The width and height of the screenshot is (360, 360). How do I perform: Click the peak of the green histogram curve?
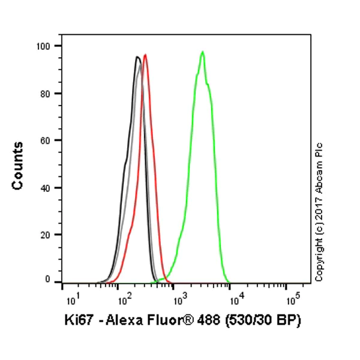tap(203, 52)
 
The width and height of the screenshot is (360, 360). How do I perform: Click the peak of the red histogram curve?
tap(145, 55)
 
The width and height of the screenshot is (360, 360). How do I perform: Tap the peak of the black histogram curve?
tap(137, 57)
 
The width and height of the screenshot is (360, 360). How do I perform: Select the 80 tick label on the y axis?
tap(46, 93)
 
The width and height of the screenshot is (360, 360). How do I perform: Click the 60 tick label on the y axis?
tap(46, 140)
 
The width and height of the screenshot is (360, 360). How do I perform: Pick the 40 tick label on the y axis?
tap(46, 187)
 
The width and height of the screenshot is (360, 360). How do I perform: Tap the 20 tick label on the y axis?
tap(46, 235)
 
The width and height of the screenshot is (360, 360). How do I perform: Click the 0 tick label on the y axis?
tap(48, 280)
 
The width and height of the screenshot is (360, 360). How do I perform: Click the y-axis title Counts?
tap(18, 166)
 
